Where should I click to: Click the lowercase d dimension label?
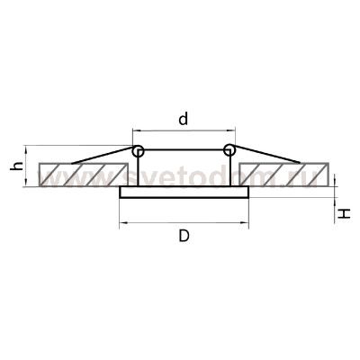coord(184,119)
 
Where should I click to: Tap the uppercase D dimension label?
coord(184,237)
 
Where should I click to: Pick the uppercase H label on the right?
coord(346,212)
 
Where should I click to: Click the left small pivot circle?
coord(138,150)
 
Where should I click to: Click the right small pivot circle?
coord(229,150)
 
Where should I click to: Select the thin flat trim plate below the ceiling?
coord(184,193)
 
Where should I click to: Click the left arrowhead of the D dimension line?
coord(122,221)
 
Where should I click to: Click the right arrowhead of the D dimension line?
coord(246,221)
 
